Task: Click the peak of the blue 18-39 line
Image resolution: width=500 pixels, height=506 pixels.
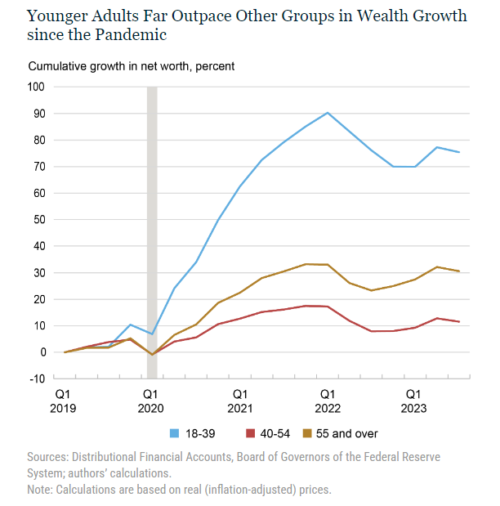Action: pos(328,113)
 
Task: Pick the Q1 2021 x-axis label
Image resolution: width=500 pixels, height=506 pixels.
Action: pos(240,399)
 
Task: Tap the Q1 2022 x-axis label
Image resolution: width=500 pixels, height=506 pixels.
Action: pos(328,399)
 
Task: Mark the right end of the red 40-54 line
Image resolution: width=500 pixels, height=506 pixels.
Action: pos(459,321)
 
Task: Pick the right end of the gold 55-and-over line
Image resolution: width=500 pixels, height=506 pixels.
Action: pos(459,271)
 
